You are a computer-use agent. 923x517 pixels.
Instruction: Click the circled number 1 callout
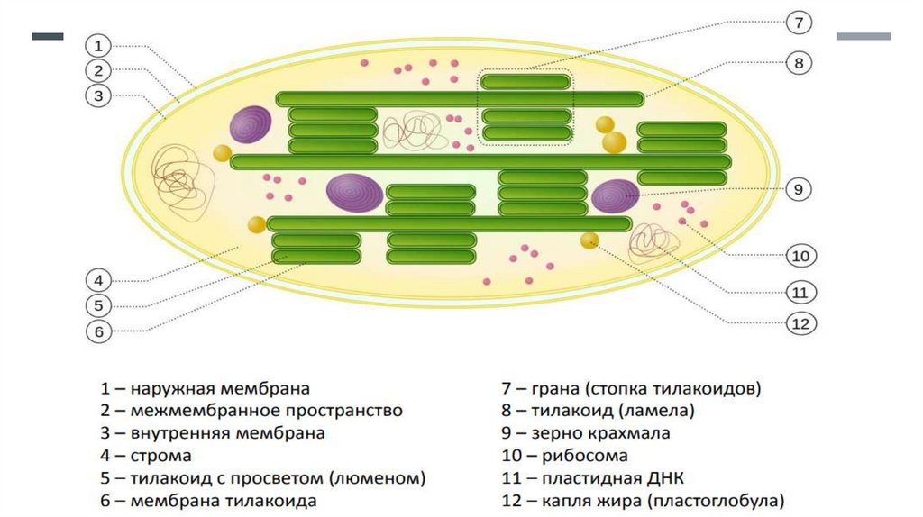(x=99, y=45)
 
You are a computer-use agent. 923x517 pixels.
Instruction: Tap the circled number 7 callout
(x=799, y=22)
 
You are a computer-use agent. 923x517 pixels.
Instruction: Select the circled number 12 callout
(x=799, y=322)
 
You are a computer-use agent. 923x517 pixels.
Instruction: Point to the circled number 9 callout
(x=799, y=189)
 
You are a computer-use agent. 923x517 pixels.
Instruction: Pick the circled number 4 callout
(x=99, y=278)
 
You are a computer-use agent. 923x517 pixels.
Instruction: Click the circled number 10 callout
(x=799, y=256)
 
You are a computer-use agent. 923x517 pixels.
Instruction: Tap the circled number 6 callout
(x=99, y=331)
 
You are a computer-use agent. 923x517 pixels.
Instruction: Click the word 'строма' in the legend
(x=160, y=456)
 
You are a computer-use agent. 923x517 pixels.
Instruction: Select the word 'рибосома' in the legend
(x=584, y=456)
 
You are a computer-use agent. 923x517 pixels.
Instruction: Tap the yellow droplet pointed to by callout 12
(x=589, y=240)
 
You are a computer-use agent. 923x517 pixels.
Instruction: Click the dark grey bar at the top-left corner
(x=48, y=37)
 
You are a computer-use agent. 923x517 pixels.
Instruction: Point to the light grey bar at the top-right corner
(x=864, y=37)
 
